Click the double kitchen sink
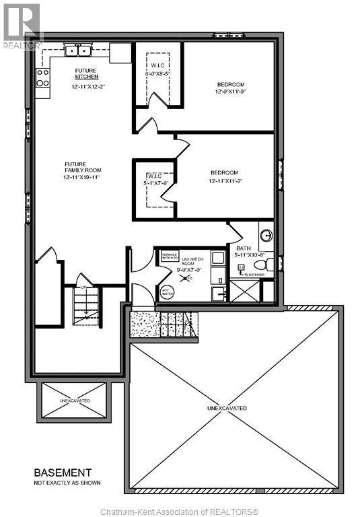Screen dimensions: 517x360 [79, 50]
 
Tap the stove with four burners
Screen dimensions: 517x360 [42, 78]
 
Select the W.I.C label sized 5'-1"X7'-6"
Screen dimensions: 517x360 [154, 180]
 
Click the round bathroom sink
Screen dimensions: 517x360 [266, 236]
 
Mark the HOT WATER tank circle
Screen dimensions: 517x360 [168, 293]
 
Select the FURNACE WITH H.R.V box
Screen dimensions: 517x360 [170, 256]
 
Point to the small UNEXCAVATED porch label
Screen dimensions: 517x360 [74, 401]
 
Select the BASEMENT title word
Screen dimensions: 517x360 [63, 473]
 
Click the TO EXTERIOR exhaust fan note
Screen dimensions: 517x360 [252, 275]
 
